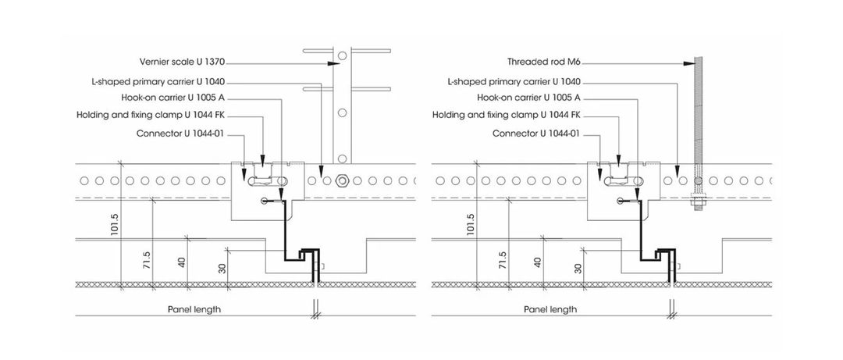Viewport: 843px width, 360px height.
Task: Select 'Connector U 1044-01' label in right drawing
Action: click(535, 133)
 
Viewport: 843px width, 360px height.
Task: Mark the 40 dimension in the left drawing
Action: click(183, 262)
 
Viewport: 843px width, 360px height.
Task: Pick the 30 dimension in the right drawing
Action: click(578, 268)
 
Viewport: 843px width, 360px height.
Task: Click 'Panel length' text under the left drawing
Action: click(194, 309)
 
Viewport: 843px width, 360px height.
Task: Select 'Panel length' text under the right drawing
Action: click(550, 309)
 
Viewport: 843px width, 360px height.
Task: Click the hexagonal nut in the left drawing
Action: click(341, 181)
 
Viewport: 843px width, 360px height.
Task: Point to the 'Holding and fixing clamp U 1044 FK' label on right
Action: click(507, 115)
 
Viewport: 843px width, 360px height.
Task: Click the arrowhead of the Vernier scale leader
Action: click(333, 62)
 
